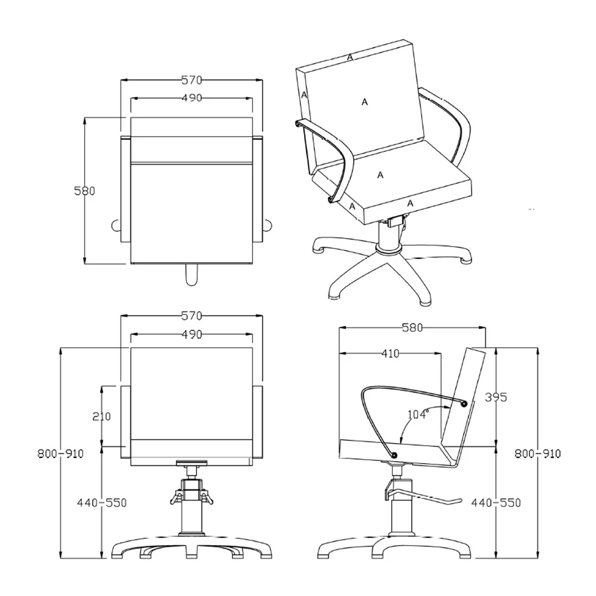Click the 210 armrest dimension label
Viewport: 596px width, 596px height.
102,417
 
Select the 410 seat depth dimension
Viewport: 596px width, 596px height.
390,354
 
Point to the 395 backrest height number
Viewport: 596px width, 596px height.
496,397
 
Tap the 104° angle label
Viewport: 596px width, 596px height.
418,414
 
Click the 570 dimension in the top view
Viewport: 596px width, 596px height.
191,80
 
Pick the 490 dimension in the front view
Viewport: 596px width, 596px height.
191,334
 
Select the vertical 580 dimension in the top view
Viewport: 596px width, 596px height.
84,190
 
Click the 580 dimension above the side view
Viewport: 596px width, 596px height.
412,327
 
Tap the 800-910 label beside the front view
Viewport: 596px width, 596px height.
61,454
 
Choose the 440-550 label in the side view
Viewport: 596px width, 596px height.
496,503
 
